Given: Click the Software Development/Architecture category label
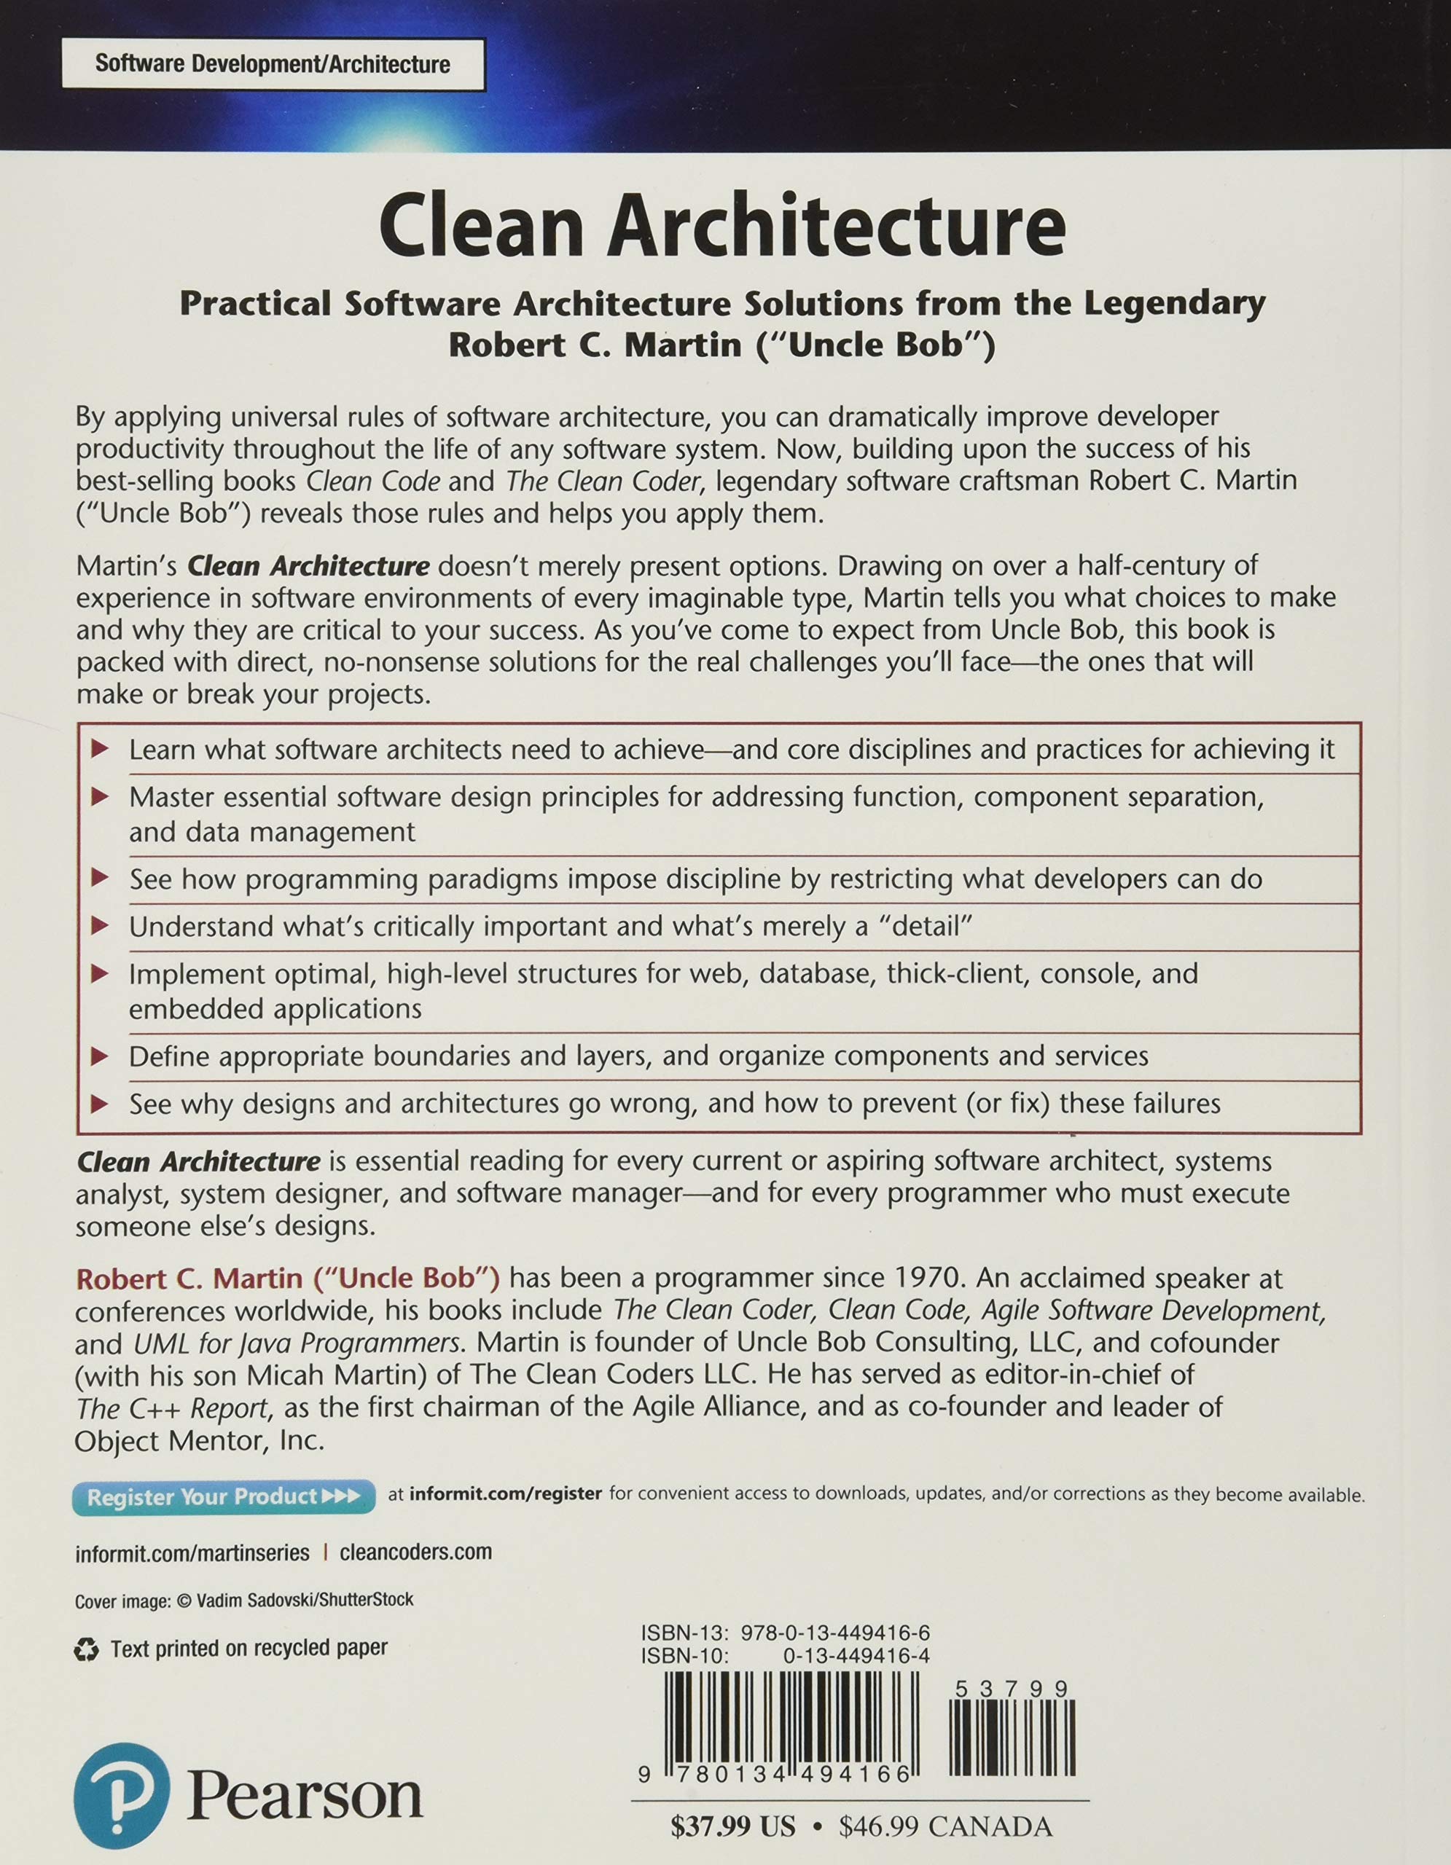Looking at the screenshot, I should (273, 64).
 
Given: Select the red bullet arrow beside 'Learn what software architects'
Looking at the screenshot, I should (100, 749).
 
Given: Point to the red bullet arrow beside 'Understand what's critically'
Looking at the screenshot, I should (100, 926).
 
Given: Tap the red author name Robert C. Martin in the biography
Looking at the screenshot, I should (189, 1278).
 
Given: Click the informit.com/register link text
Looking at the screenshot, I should (506, 1493).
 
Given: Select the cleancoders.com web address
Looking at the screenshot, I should (415, 1552).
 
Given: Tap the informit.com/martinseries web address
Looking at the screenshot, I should (192, 1552).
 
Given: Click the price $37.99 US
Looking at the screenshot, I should (732, 1826).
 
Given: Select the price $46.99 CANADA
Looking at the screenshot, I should (945, 1826).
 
